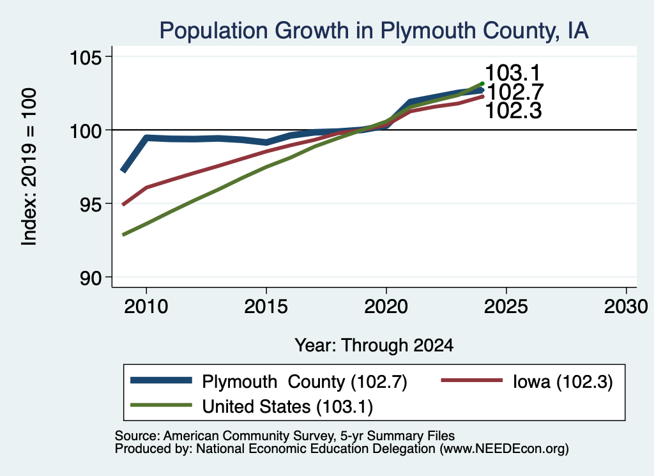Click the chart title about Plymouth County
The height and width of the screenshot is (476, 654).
pyautogui.click(x=374, y=31)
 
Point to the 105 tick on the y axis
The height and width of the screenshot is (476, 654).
pyautogui.click(x=86, y=57)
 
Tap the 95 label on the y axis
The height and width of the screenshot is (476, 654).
pyautogui.click(x=91, y=204)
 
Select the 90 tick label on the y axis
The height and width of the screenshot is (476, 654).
pyautogui.click(x=91, y=278)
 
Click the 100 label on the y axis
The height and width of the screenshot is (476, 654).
pyautogui.click(x=86, y=130)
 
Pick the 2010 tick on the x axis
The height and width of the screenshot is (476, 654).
pyautogui.click(x=146, y=307)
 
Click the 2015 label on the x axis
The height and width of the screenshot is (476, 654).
pyautogui.click(x=266, y=307)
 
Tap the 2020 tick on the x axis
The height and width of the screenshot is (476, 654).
pyautogui.click(x=386, y=307)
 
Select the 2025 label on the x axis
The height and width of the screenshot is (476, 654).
pyautogui.click(x=506, y=307)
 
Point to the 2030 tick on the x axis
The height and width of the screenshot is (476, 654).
pyautogui.click(x=626, y=307)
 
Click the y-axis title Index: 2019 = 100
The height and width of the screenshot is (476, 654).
pyautogui.click(x=29, y=167)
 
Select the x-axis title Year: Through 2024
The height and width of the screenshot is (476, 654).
pyautogui.click(x=374, y=346)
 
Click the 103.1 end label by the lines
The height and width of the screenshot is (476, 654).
pyautogui.click(x=513, y=73)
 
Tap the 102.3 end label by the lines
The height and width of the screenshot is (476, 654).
pyautogui.click(x=513, y=111)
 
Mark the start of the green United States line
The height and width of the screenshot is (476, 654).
pyautogui.click(x=123, y=235)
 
